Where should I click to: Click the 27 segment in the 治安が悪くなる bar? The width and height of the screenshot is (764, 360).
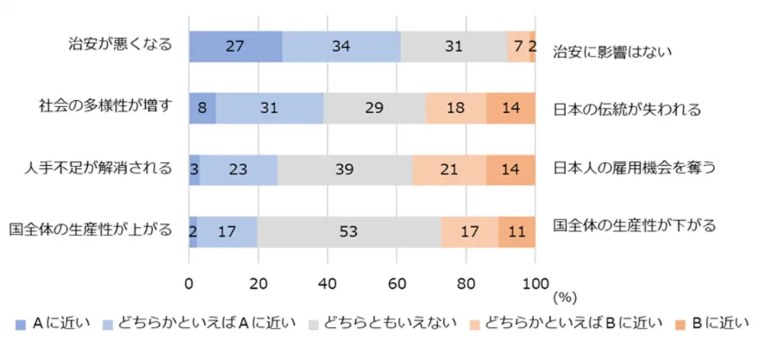click(x=235, y=47)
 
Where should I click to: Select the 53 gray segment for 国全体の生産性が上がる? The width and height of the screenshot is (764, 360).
click(x=348, y=232)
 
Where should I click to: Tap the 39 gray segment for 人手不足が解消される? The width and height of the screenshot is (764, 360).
click(x=345, y=170)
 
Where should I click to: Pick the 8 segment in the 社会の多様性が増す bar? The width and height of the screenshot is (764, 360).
click(x=202, y=109)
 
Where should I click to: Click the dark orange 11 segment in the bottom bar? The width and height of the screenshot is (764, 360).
click(x=516, y=232)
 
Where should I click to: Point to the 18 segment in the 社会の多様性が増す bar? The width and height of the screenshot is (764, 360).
click(x=455, y=109)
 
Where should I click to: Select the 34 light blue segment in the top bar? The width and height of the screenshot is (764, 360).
click(x=341, y=47)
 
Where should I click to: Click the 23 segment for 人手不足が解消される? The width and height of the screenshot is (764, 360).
click(x=238, y=170)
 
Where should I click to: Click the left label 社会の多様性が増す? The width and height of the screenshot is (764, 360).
click(x=105, y=105)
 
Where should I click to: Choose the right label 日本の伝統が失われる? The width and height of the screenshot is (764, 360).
click(x=626, y=110)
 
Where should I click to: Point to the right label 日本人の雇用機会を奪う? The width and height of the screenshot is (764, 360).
click(x=633, y=168)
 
